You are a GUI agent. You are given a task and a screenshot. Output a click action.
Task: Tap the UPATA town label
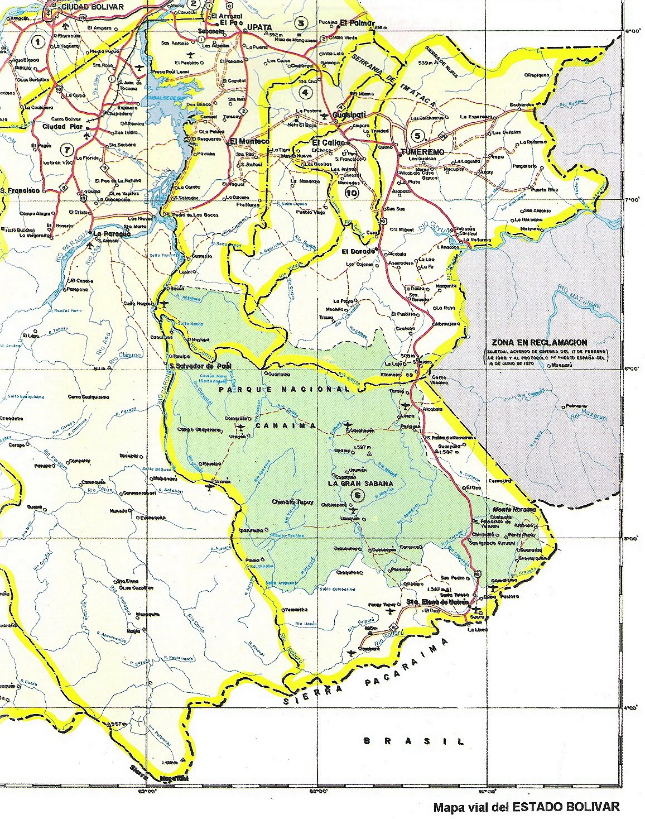pyautogui.click(x=259, y=27)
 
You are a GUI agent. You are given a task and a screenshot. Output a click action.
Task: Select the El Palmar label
pyautogui.click(x=353, y=23)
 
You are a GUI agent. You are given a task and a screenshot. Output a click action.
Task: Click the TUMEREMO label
pyautogui.click(x=422, y=152)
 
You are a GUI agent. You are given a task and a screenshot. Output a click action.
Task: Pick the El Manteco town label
pyautogui.click(x=249, y=142)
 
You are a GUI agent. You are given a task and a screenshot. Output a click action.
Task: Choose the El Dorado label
pyautogui.click(x=358, y=251)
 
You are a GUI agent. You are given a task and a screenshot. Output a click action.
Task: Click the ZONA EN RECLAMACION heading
pyautogui.click(x=539, y=342)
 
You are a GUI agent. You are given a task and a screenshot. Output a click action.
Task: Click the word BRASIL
pyautogui.click(x=413, y=741)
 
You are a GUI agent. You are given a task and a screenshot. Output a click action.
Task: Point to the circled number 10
pyautogui.click(x=352, y=193)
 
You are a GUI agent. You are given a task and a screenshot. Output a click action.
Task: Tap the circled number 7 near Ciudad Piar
pyautogui.click(x=68, y=149)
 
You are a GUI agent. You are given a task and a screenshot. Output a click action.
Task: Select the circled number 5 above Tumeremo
pyautogui.click(x=417, y=135)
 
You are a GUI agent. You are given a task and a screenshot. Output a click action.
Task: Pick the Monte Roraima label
pyautogui.click(x=514, y=510)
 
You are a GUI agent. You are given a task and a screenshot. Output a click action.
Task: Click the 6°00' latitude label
pyautogui.click(x=630, y=368)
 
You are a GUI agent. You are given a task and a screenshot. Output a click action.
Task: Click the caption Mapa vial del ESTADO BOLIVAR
pyautogui.click(x=526, y=807)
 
